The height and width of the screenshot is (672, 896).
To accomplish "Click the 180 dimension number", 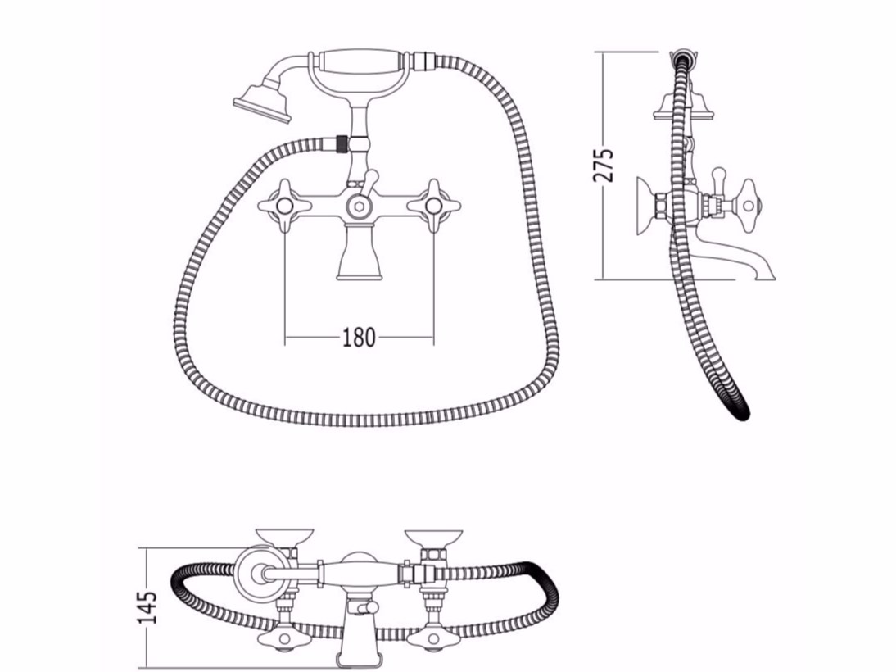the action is click(359, 338).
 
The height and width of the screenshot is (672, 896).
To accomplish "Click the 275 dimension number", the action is click(604, 166).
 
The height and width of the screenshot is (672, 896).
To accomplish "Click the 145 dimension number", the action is click(147, 606).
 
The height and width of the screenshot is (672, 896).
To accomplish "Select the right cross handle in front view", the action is click(433, 206).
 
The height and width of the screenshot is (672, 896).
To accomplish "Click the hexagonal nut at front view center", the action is click(359, 206).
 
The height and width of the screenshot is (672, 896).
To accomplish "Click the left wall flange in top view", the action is click(284, 536).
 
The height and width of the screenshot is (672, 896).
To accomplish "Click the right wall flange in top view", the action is click(433, 536).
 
